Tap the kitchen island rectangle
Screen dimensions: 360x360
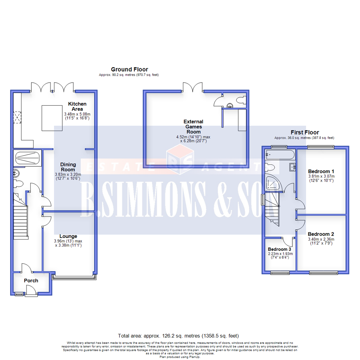[x=52, y=118]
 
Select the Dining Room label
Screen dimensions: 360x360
[x=68, y=167]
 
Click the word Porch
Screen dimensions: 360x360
[x=31, y=281]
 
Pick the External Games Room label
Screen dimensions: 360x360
[x=194, y=126]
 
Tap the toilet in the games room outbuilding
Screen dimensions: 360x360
[x=240, y=99]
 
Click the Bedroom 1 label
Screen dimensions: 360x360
[x=322, y=168]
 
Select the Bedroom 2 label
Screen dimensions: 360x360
[x=321, y=234]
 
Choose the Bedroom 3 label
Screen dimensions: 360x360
[x=279, y=249]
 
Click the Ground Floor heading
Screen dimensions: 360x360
[x=129, y=69]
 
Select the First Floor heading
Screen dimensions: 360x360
[x=305, y=132]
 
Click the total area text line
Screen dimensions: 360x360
[x=178, y=335]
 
